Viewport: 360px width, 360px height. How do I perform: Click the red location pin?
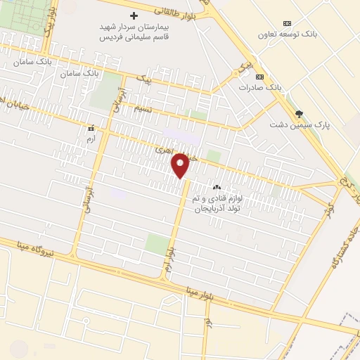(x=181, y=165)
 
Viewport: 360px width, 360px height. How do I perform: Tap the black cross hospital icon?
(x=134, y=15)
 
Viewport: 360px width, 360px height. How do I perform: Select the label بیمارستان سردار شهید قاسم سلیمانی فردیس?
(x=134, y=32)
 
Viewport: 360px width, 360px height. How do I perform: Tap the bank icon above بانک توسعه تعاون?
(x=286, y=22)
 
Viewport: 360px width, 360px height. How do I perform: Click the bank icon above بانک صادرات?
(x=259, y=76)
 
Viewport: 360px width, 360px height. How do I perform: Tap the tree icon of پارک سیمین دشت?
(x=300, y=113)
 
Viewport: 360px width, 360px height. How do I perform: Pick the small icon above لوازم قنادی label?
(x=217, y=188)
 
